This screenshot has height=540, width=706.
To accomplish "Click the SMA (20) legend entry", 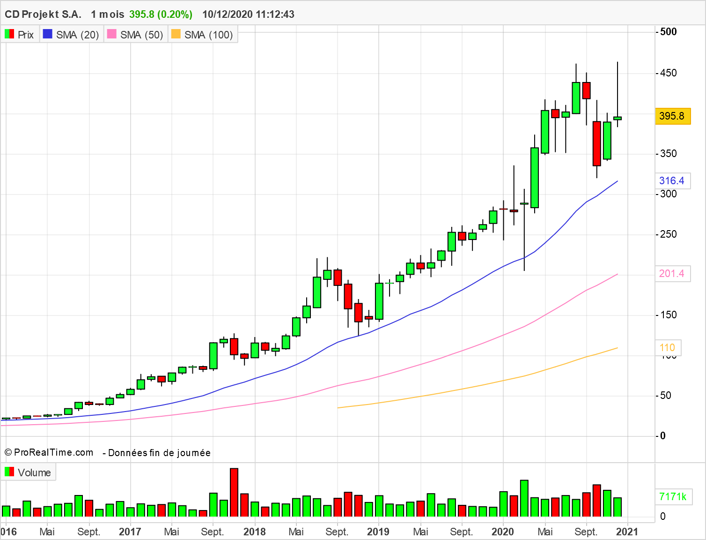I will [71, 35].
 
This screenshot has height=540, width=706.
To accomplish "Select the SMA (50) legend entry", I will [135, 35].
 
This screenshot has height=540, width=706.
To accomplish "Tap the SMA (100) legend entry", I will [202, 35].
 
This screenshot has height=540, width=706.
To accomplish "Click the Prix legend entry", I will [20, 35].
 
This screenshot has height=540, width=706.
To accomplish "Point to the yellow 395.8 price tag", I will [672, 116].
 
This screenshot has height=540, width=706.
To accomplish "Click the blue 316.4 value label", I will [672, 181].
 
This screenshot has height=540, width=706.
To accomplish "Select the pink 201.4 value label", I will [672, 274].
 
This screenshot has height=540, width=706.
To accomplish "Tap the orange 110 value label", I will [667, 348].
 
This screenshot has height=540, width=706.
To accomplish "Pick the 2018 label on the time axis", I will [255, 532].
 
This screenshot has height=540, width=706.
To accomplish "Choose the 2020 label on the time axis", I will [503, 532].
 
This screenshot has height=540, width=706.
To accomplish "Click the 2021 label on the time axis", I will [627, 532].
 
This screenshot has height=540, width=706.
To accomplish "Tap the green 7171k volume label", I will [673, 497].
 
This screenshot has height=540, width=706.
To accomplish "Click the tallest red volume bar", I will [234, 492].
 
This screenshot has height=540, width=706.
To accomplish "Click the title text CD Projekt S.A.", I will [43, 14].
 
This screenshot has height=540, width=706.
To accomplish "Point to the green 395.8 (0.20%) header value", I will [161, 14].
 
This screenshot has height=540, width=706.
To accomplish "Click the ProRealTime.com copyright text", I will [49, 452].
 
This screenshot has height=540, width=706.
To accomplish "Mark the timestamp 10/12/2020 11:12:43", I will [248, 14].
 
